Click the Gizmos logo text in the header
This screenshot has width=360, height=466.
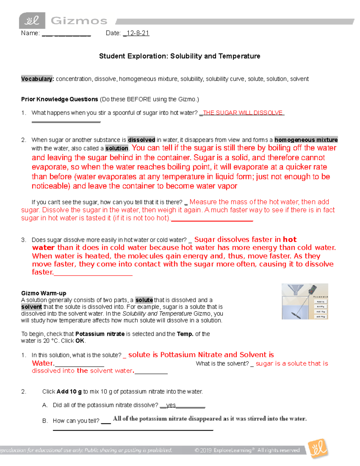79,21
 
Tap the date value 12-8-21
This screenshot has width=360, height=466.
138,33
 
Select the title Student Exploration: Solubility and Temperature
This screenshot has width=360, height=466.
179,56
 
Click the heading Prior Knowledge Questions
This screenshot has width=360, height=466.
59,99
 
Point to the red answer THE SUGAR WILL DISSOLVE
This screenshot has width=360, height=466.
243,113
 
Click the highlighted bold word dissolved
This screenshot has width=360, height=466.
141,140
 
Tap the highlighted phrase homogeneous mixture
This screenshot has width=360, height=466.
306,140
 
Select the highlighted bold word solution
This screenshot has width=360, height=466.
117,148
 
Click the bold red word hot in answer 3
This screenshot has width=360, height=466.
289,239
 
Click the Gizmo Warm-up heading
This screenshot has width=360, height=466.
43,293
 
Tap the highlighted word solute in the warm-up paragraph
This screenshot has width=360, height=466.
144,300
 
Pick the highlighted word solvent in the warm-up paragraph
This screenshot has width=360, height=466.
31,307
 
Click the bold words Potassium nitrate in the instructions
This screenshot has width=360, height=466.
100,334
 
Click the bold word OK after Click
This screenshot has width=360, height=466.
80,341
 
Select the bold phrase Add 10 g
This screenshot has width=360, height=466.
69,392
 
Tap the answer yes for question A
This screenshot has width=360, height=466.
171,405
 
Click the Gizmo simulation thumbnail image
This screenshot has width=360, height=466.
305,301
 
